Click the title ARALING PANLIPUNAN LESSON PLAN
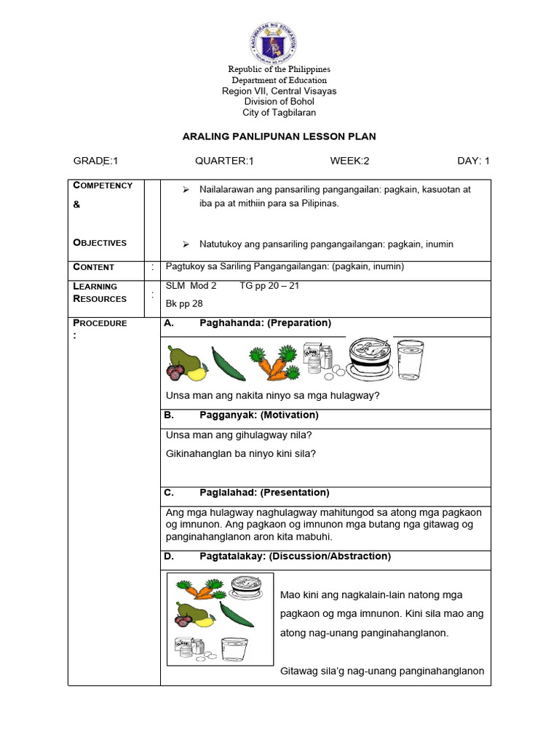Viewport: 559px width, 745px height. [x=279, y=137]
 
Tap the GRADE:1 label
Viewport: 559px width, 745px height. [x=95, y=162]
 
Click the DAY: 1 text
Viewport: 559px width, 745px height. [x=473, y=162]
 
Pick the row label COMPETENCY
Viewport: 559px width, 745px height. [x=103, y=186]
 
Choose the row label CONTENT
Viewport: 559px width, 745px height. [x=93, y=267]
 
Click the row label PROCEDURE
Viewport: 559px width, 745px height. [x=100, y=323]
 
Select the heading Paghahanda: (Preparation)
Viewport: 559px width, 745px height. [x=265, y=323]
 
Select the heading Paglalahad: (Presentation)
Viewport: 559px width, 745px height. [x=264, y=493]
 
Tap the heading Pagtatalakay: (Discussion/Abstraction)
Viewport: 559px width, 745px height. [x=295, y=557]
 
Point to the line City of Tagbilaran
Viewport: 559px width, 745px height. [x=279, y=113]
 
